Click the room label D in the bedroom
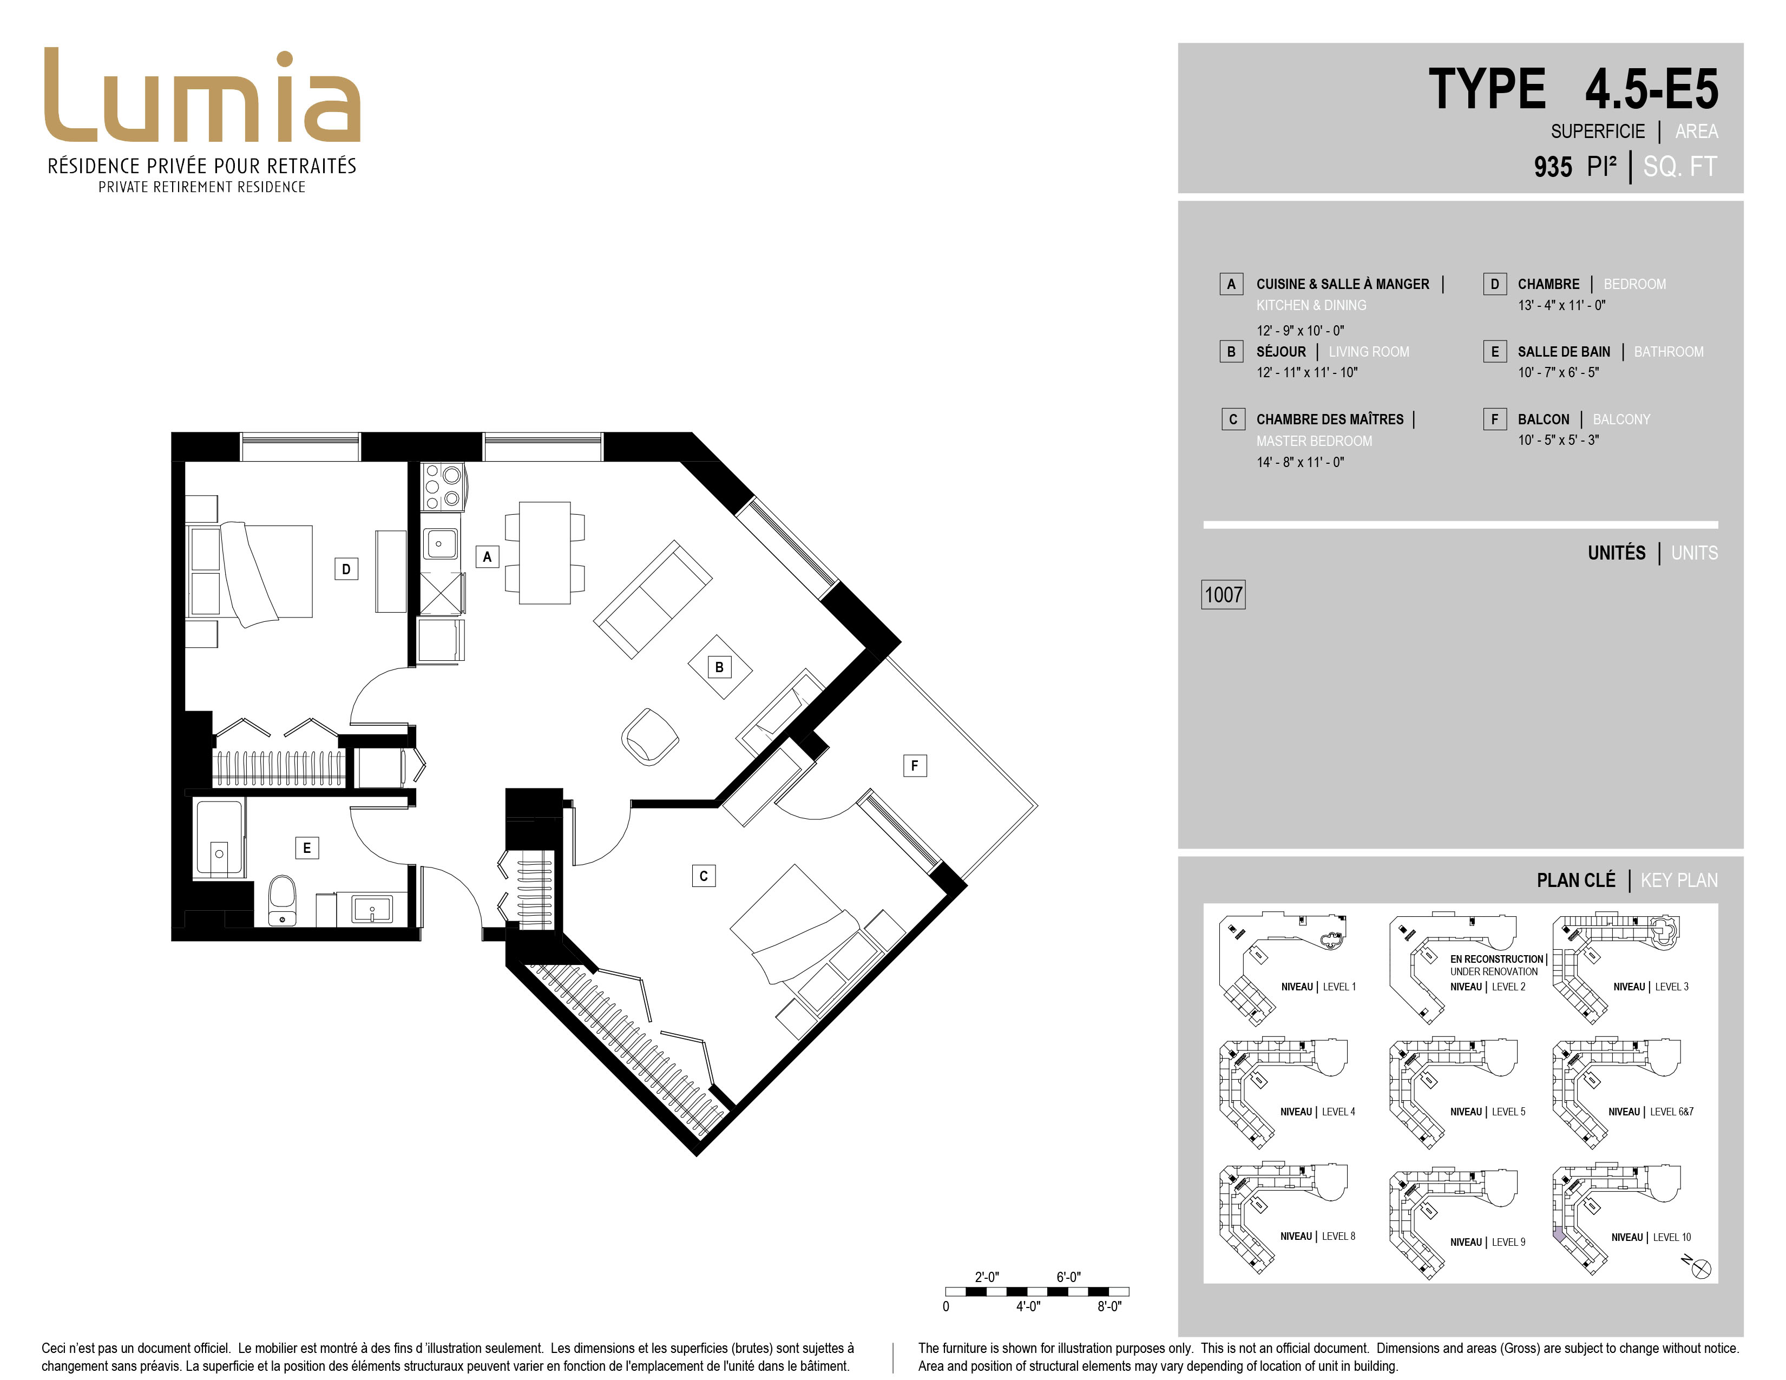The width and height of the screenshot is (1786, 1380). click(346, 569)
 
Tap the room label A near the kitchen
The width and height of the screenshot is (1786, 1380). click(488, 557)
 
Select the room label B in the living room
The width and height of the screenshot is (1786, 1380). click(720, 667)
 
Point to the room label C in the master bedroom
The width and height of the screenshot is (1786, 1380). click(703, 876)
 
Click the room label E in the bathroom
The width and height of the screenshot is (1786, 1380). click(307, 848)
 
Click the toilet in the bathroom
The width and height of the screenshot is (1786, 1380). click(282, 902)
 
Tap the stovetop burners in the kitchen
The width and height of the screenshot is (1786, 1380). click(442, 487)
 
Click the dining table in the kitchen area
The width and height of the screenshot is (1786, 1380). click(544, 553)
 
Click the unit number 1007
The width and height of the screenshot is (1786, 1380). click(1223, 594)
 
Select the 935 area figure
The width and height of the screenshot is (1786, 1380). click(1553, 167)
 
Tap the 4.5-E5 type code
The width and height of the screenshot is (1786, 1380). click(1652, 89)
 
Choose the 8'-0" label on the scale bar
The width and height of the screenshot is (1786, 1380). click(1109, 1306)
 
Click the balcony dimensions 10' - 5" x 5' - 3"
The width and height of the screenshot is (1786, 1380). click(1558, 440)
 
